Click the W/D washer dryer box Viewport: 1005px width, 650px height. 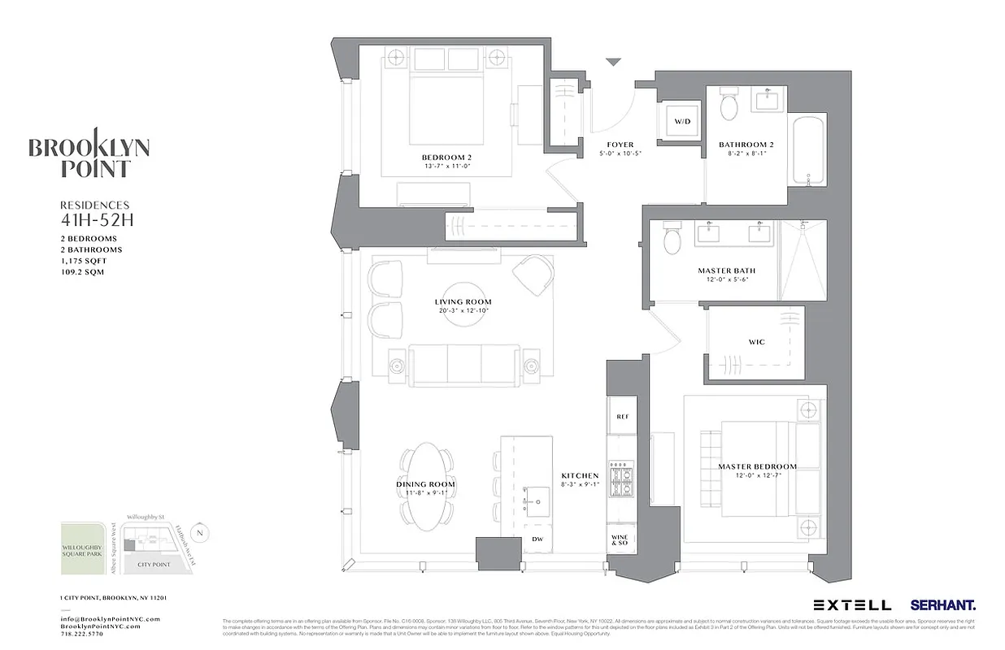click(x=680, y=122)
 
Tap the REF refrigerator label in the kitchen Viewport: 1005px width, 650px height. click(x=622, y=417)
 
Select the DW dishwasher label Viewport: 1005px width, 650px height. click(x=537, y=539)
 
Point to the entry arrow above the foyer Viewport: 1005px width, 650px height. click(x=613, y=62)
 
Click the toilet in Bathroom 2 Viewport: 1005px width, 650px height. click(x=729, y=105)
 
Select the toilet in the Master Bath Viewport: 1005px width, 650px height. click(x=672, y=240)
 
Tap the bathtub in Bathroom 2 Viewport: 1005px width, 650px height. click(x=808, y=150)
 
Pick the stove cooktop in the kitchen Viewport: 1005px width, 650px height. click(x=623, y=481)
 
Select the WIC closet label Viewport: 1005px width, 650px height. click(x=756, y=342)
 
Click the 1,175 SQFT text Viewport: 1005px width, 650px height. click(x=83, y=261)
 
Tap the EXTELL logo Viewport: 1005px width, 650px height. click(x=851, y=605)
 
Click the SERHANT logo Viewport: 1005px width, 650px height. click(x=943, y=605)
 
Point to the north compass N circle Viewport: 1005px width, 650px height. click(x=202, y=533)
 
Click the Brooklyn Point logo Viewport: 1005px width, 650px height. click(x=89, y=154)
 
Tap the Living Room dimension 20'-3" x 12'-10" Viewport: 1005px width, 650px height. click(x=463, y=312)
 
